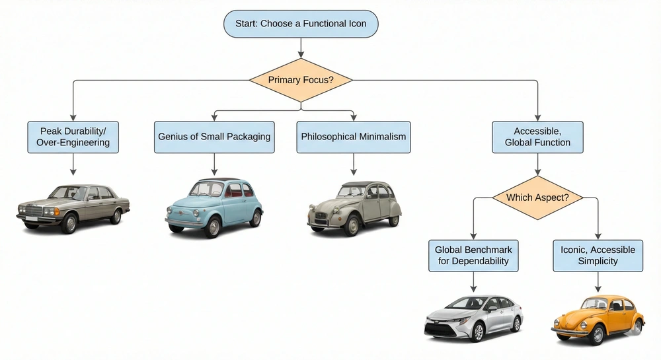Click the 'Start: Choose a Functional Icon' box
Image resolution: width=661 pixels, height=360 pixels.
tap(301, 24)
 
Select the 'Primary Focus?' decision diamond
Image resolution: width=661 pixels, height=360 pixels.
tap(301, 81)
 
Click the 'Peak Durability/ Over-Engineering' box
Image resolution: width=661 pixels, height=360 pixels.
tap(73, 137)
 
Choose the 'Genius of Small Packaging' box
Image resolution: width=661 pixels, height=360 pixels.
tap(214, 137)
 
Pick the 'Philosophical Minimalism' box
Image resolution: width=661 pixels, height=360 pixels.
tap(354, 137)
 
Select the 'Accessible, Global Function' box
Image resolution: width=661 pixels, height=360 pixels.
tap(538, 137)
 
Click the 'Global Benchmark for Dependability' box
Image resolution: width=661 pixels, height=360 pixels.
tap(473, 256)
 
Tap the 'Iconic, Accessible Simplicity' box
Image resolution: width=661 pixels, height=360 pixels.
tap(598, 256)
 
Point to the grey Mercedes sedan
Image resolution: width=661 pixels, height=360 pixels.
tap(73, 207)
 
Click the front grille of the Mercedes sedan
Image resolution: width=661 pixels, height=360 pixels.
tap(33, 211)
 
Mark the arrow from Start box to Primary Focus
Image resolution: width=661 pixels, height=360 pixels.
tap(301, 47)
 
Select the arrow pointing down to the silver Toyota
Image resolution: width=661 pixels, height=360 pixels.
tap(473, 282)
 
